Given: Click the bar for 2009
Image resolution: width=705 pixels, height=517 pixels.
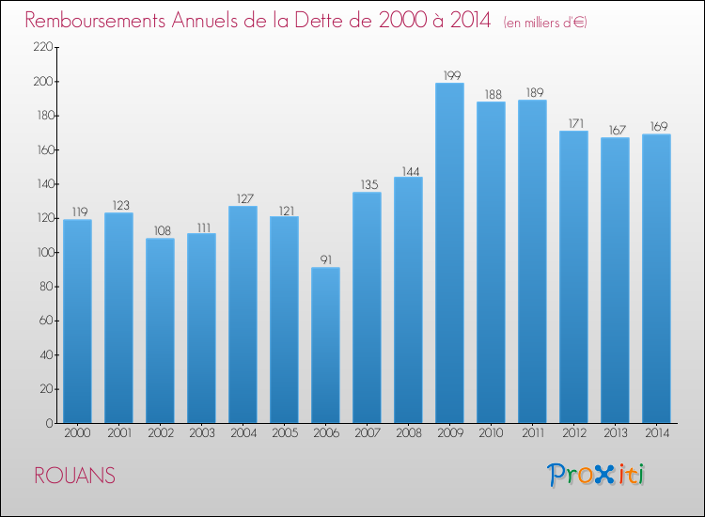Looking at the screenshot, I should point(449,253).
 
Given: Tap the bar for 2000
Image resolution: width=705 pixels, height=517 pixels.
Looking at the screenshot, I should point(77,321).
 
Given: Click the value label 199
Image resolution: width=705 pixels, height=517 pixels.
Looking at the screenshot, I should point(449,74).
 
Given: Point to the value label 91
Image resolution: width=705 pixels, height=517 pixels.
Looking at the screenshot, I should point(325,258).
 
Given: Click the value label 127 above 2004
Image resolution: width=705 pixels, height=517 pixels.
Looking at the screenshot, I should point(243,197).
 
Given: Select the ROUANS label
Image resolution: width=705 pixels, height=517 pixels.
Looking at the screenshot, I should point(75,477).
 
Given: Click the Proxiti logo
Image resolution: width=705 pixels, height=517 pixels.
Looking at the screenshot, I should point(596,475).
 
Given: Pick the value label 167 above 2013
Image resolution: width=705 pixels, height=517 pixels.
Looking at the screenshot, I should point(615,129).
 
